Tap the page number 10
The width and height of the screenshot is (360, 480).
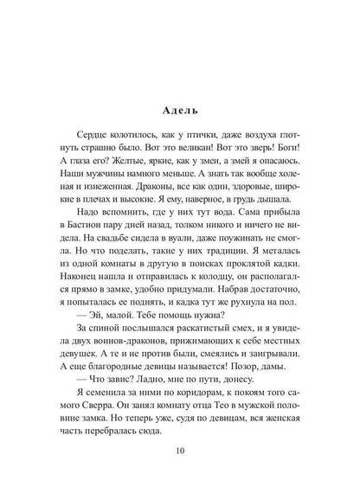click(x=179, y=450)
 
